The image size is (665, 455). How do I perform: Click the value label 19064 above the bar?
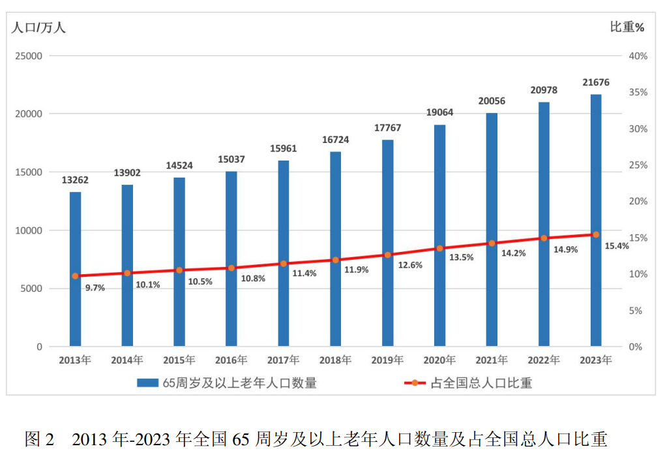tap(440, 112)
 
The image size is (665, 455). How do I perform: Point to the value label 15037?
tap(231, 159)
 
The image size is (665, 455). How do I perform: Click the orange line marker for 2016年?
tap(231, 268)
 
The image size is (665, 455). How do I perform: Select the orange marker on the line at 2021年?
tap(492, 243)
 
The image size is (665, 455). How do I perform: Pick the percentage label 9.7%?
tap(95, 287)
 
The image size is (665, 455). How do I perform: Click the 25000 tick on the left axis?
tap(29, 56)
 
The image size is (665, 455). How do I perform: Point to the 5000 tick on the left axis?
tap(31, 289)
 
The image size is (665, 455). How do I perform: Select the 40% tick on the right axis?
tap(638, 56)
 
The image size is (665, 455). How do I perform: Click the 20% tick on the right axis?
tap(638, 202)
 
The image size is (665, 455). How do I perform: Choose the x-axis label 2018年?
tap(335, 360)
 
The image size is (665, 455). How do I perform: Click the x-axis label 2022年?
tap(544, 360)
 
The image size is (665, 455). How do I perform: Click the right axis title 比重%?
tap(627, 27)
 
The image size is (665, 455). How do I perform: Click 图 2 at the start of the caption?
tap(39, 439)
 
